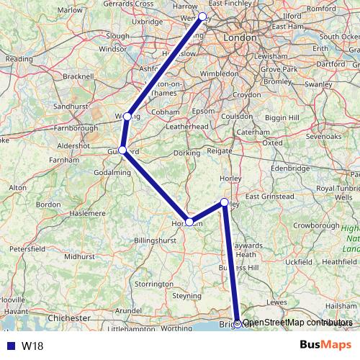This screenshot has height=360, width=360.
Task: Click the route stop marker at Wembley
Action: tap(202, 16)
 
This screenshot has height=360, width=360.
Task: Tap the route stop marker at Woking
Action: tap(127, 116)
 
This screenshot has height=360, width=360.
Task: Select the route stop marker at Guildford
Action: tap(122, 150)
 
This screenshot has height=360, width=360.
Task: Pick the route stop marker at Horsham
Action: tap(189, 222)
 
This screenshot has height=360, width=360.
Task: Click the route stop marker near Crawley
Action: tap(225, 202)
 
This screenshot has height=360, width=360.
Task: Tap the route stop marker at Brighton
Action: tap(238, 323)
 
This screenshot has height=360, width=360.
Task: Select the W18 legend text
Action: tap(32, 346)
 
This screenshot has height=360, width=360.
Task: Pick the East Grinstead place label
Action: tap(271, 196)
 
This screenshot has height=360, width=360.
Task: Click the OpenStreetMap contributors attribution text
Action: tap(297, 323)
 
